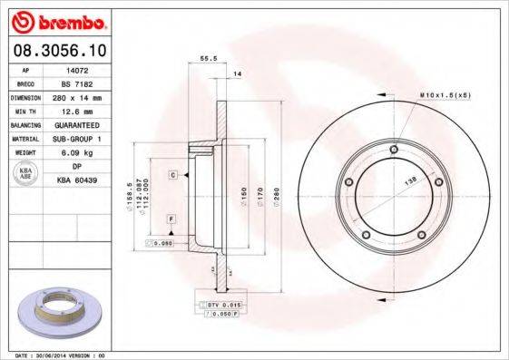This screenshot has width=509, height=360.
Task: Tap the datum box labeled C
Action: pos(171,172)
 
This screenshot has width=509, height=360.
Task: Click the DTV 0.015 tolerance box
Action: pos(222,303)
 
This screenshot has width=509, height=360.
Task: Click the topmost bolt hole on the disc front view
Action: pos(393,151)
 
